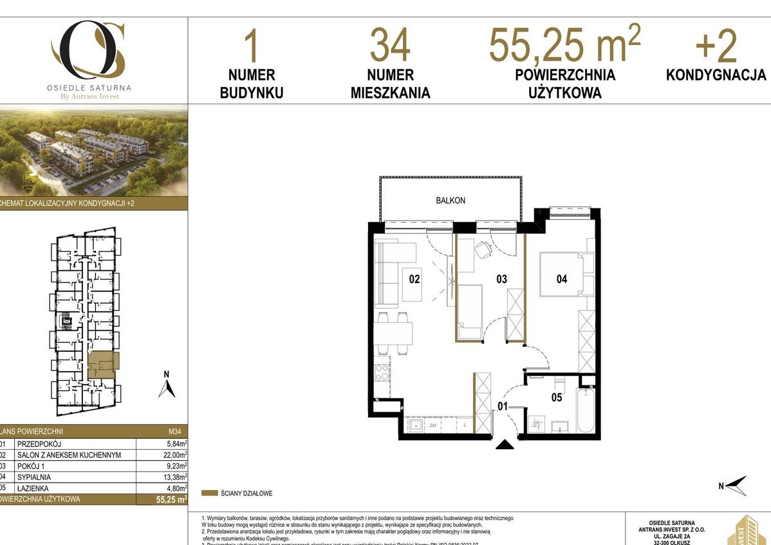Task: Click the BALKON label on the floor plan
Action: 450,200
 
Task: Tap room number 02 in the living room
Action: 414,279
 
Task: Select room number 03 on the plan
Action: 501,279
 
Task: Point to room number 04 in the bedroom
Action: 562,279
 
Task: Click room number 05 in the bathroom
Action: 556,398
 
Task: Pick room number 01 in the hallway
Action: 502,406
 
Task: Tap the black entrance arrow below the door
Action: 505,445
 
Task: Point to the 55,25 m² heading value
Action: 564,43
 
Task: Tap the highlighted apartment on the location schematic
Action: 103,364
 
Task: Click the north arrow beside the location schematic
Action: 167,387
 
